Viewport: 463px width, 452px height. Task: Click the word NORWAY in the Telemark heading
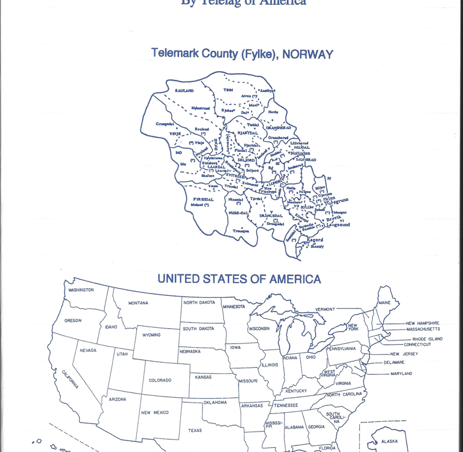coord(307,54)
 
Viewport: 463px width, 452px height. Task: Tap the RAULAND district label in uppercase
coord(184,90)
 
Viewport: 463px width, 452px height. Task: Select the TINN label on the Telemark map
coord(228,90)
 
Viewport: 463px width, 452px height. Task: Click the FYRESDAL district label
coord(203,199)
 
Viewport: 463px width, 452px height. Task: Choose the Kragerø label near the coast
coord(315,239)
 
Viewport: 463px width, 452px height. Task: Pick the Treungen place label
coord(241,230)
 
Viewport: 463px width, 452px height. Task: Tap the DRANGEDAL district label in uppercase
coord(271,215)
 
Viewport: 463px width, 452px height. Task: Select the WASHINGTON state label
coord(81,290)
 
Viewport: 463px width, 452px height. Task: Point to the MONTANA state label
coord(138,303)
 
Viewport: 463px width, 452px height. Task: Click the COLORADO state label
coord(160,380)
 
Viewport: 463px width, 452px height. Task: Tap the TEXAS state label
coord(195,430)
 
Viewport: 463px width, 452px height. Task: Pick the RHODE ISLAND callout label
coord(423,339)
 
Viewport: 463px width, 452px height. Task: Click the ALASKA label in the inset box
coord(389,441)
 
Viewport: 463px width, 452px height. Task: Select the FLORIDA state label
coord(327,448)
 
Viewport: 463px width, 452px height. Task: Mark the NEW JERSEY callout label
coord(404,354)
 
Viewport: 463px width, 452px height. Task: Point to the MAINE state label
coord(384,302)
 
